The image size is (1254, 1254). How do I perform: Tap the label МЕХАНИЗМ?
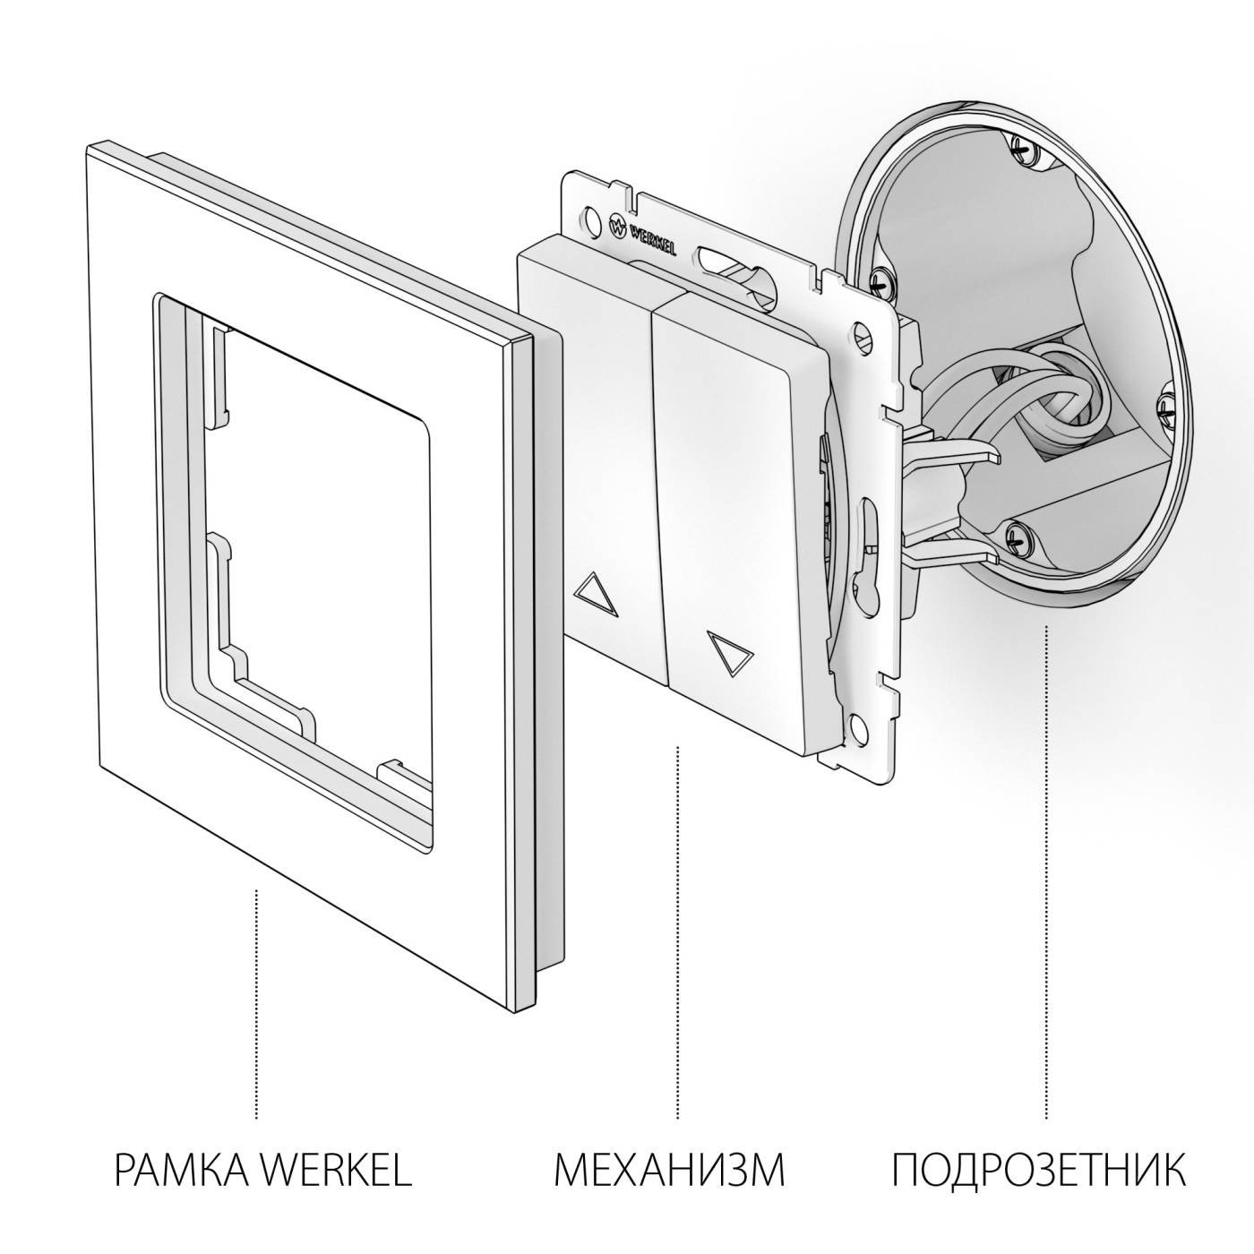click(669, 1170)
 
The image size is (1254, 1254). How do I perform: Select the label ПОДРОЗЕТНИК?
click(1039, 1170)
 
